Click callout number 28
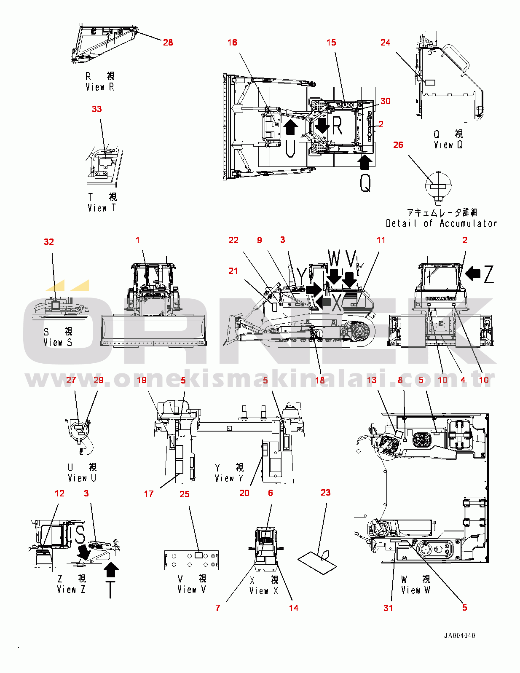(x=168, y=43)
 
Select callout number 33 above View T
(x=97, y=109)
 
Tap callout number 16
(x=232, y=43)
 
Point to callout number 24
(x=385, y=43)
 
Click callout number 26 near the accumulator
(x=398, y=145)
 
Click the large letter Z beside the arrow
(x=489, y=274)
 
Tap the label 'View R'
(x=100, y=87)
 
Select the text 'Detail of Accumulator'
(x=441, y=223)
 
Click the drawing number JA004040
(x=459, y=635)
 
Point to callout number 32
(x=49, y=242)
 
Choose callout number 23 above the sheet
(x=325, y=493)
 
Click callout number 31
(x=388, y=608)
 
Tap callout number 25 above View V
(x=185, y=494)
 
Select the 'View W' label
(x=415, y=590)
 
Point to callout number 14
(x=294, y=608)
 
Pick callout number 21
(x=233, y=271)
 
